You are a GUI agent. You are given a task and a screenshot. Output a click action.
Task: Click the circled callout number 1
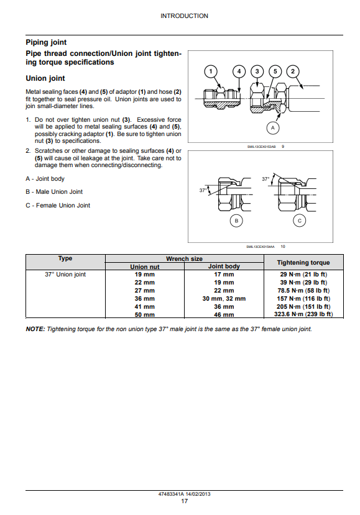(x=211, y=71)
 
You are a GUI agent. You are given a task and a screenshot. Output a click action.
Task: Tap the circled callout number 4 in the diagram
(x=239, y=71)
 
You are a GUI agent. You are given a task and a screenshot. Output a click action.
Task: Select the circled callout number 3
(x=257, y=71)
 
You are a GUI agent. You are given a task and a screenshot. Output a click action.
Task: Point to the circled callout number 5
(x=275, y=71)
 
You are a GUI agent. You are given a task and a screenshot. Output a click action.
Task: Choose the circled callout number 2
(x=293, y=71)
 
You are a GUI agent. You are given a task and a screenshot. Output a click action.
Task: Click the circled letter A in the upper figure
(x=272, y=128)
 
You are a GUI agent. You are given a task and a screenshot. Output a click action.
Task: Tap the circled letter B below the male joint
(x=236, y=221)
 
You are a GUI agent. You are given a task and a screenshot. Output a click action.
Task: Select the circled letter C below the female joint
(x=300, y=221)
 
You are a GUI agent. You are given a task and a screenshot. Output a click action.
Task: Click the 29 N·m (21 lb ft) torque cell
(x=303, y=274)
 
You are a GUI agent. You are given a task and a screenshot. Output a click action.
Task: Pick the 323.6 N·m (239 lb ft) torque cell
(x=303, y=314)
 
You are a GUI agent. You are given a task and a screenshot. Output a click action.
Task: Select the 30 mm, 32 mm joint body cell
(x=224, y=299)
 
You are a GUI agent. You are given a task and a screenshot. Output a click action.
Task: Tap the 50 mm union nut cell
(x=145, y=314)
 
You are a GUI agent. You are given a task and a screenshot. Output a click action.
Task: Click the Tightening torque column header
(x=303, y=262)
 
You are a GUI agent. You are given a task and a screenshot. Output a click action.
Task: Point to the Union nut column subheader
(x=145, y=267)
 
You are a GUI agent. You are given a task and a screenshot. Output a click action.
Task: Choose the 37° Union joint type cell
(x=65, y=274)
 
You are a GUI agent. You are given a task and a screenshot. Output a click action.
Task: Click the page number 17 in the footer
(x=185, y=501)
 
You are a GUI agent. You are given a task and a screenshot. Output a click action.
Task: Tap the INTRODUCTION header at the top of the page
(x=184, y=16)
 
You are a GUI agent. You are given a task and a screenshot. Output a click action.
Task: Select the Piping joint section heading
(x=46, y=42)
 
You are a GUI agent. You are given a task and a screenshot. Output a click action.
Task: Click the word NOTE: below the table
(x=35, y=329)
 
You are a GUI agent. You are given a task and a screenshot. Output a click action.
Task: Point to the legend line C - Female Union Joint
(x=58, y=205)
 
